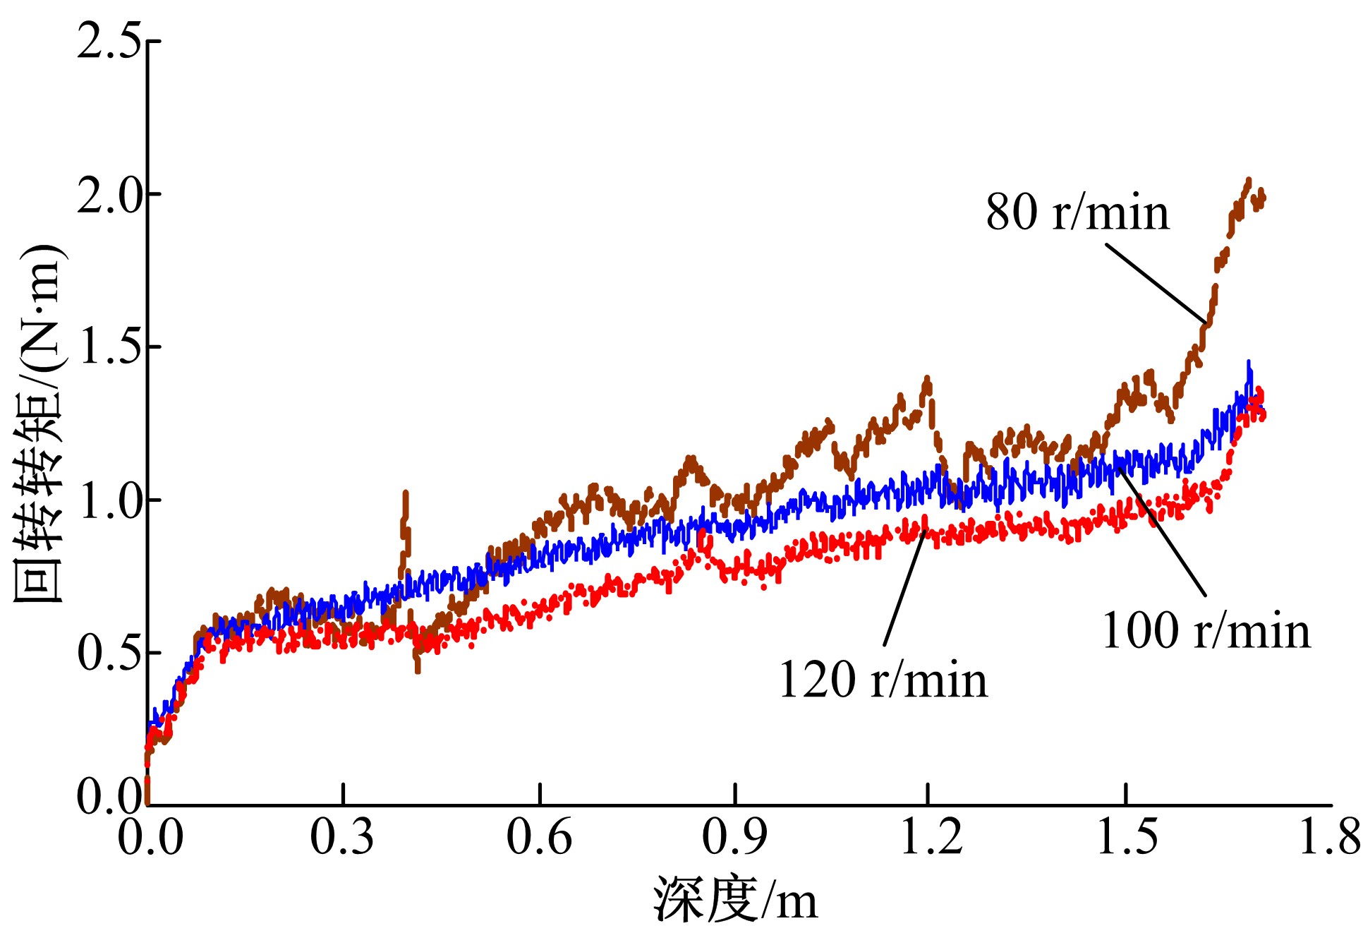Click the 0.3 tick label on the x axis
click(x=342, y=837)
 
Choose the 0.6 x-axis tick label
click(x=539, y=837)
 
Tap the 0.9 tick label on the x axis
click(x=734, y=837)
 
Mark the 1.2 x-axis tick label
click(x=931, y=837)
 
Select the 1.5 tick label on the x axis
click(x=1127, y=837)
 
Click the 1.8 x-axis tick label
click(x=1329, y=837)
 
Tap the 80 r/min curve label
click(x=1077, y=212)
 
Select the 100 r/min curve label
click(x=1206, y=630)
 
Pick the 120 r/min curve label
click(x=883, y=680)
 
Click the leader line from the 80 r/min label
click(x=1156, y=283)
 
